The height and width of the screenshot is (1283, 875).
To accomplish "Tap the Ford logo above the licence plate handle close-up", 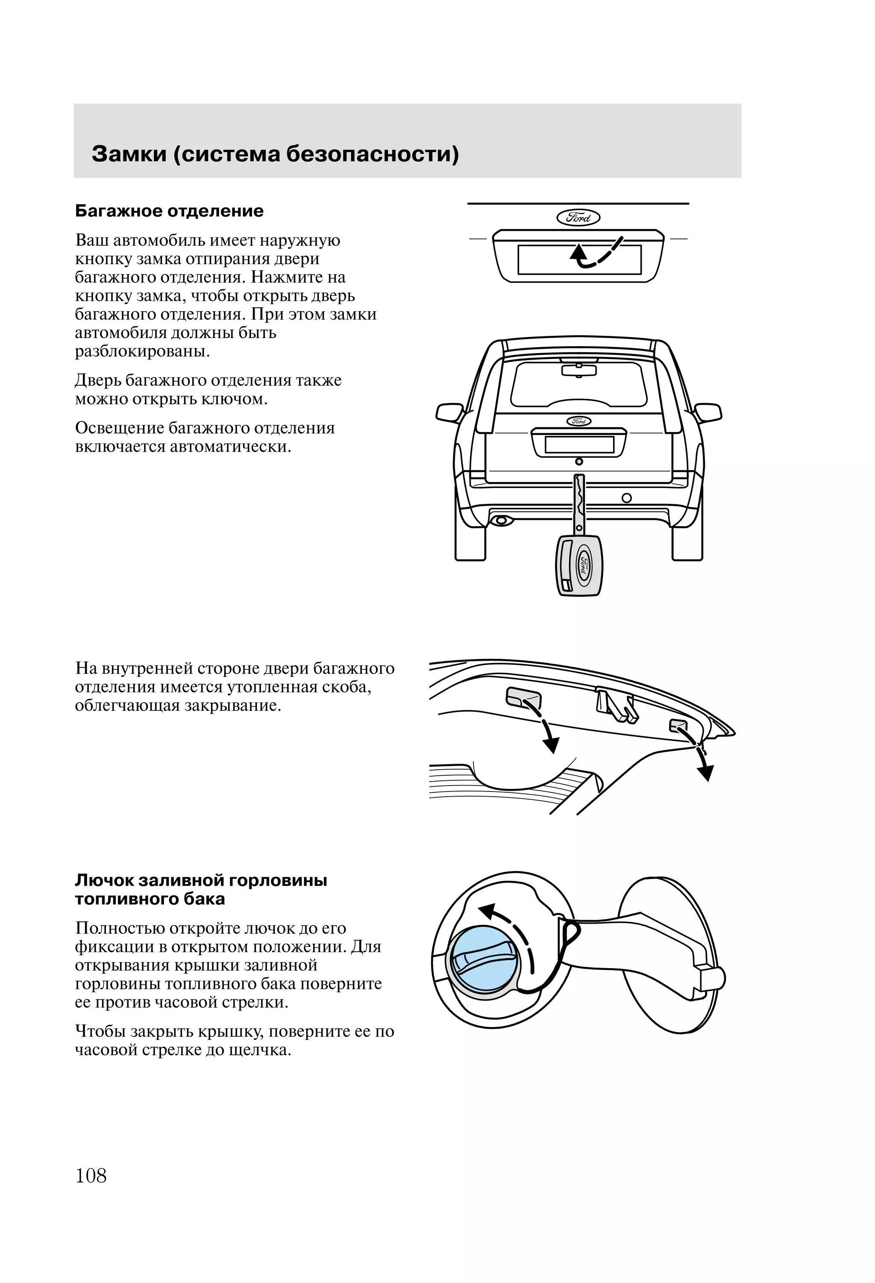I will [578, 218].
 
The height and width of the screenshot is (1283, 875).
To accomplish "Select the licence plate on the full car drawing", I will [579, 444].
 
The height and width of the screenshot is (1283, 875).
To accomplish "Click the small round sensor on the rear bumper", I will [626, 498].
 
